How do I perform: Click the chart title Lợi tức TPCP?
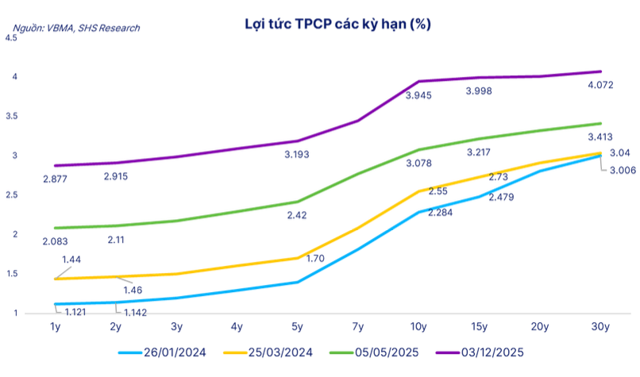(x=337, y=25)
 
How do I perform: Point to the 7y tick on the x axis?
(x=358, y=326)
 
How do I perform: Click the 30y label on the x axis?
(x=600, y=326)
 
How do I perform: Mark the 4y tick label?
(x=237, y=326)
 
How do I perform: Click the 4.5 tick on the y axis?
(x=11, y=37)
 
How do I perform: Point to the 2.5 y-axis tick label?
(x=11, y=194)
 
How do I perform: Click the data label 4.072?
(x=600, y=85)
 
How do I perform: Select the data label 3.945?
(x=420, y=95)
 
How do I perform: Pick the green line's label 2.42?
(x=298, y=215)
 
